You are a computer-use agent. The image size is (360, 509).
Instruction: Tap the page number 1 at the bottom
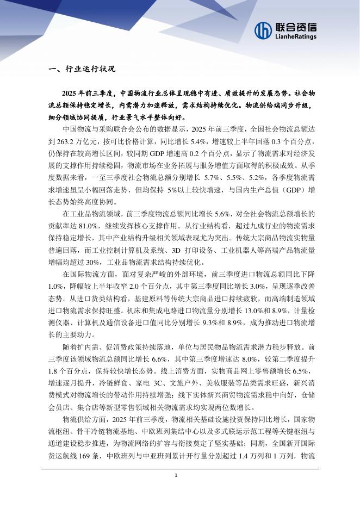(176, 475)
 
